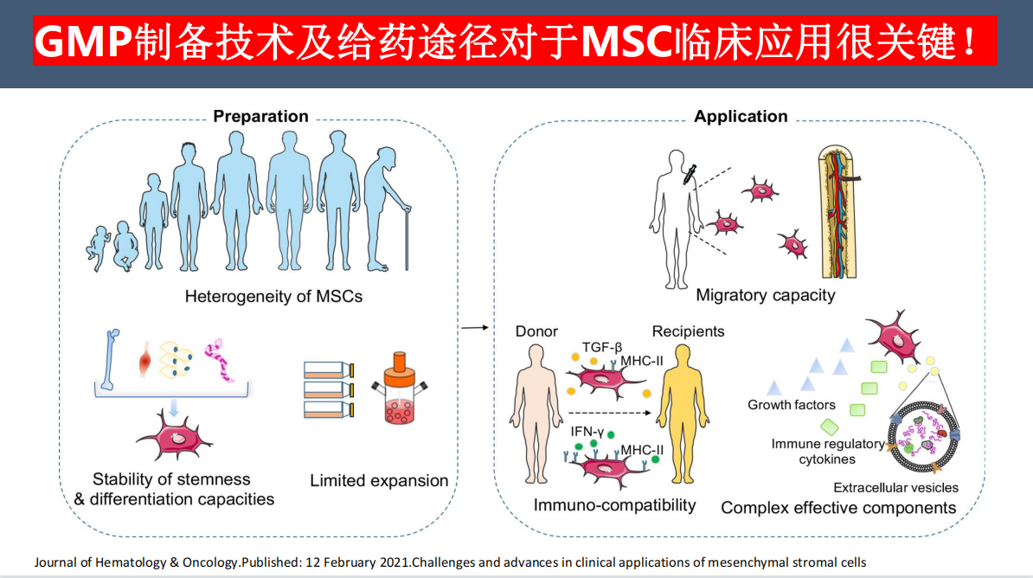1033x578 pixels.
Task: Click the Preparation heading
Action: [x=260, y=117]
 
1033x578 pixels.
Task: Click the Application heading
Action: [x=741, y=117]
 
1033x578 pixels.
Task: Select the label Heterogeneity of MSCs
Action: [x=273, y=297]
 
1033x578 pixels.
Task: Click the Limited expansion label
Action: [x=379, y=480]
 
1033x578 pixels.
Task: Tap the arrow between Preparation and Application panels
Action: [x=472, y=328]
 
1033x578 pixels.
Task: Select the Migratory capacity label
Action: [x=766, y=296]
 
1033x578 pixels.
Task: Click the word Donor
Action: [x=536, y=331]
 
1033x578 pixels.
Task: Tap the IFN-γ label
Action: [x=587, y=429]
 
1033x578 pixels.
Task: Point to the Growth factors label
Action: [x=792, y=405]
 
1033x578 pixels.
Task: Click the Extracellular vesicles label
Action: [x=895, y=488]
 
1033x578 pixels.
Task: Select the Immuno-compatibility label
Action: [x=614, y=505]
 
